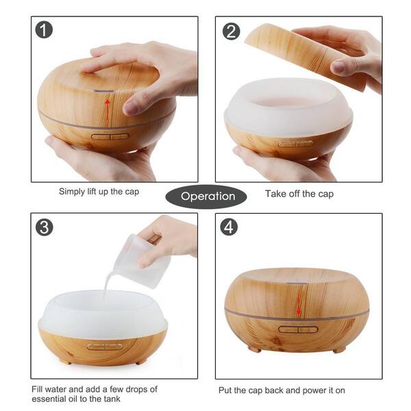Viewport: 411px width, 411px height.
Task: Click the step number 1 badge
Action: pyautogui.click(x=44, y=29)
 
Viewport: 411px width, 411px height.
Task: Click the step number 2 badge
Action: pyautogui.click(x=231, y=32)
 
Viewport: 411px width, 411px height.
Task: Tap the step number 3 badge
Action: pyautogui.click(x=45, y=227)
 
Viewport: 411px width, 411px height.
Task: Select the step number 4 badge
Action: pyautogui.click(x=229, y=227)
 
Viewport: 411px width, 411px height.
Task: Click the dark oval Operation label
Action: pyautogui.click(x=206, y=197)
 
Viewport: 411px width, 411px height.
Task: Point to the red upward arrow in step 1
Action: pyautogui.click(x=108, y=110)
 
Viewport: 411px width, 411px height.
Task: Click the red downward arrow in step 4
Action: pyautogui.click(x=299, y=304)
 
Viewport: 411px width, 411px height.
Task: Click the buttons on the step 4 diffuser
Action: pyautogui.click(x=298, y=329)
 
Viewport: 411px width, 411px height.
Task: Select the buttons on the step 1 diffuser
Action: pyautogui.click(x=110, y=136)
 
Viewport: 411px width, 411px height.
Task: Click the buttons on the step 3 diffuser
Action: pyautogui.click(x=105, y=347)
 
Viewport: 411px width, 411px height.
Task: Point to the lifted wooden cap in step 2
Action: pyautogui.click(x=306, y=56)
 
